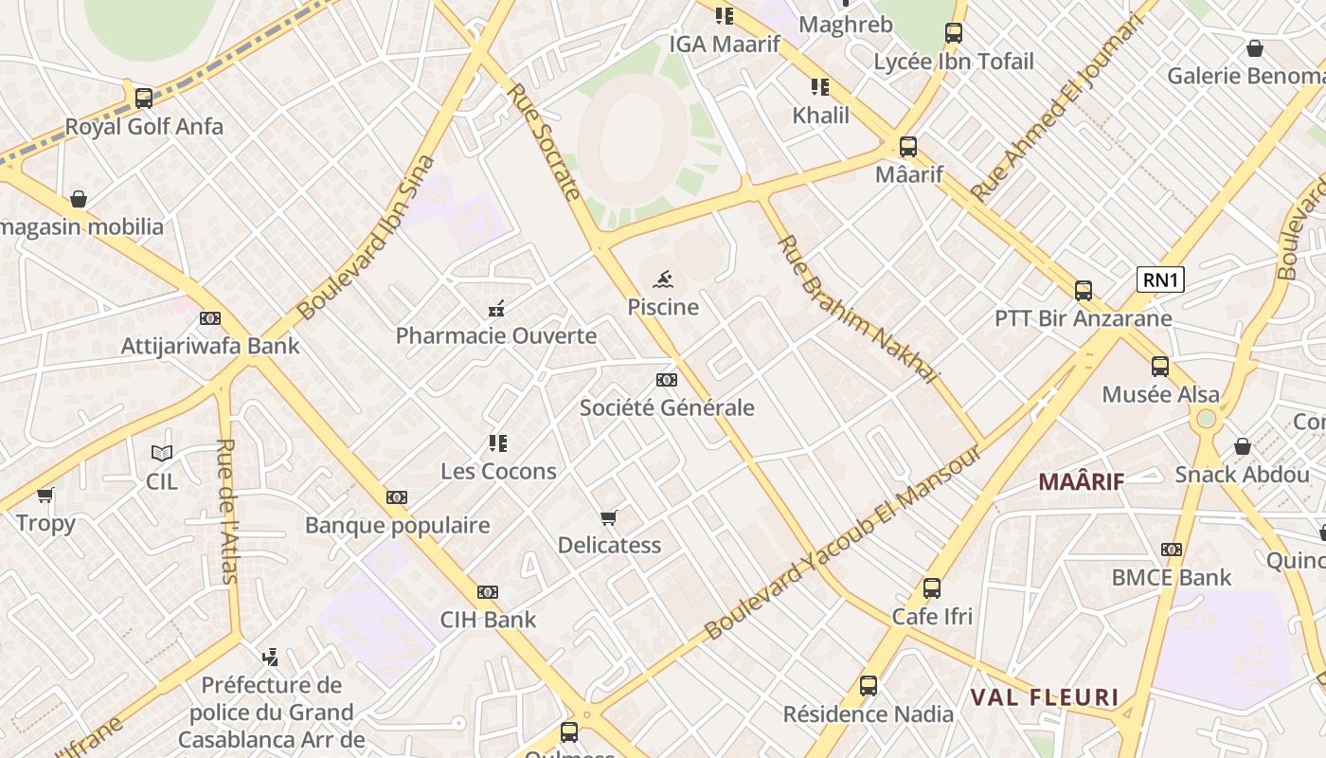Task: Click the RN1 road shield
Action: coord(1160,280)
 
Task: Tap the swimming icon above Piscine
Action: coord(664,279)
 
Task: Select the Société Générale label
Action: coord(667,407)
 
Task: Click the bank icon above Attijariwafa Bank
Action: coord(210,318)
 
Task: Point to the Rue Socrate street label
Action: coord(545,142)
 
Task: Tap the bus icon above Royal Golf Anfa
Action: coord(144,98)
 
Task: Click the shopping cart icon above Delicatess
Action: coord(609,517)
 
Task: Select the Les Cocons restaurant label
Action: coord(498,471)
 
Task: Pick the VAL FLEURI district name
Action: coord(1045,698)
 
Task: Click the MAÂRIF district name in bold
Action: coord(1081,481)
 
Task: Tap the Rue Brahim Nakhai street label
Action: coord(857,308)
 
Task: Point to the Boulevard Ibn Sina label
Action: coord(366,237)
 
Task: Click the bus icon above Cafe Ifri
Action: coord(932,588)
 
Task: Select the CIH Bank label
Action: coord(488,620)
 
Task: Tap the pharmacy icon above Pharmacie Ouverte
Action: coord(495,308)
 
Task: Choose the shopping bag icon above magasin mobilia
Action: coord(79,199)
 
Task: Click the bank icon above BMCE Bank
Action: coord(1172,550)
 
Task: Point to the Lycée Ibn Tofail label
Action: coord(954,62)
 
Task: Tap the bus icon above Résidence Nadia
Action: coord(869,686)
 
